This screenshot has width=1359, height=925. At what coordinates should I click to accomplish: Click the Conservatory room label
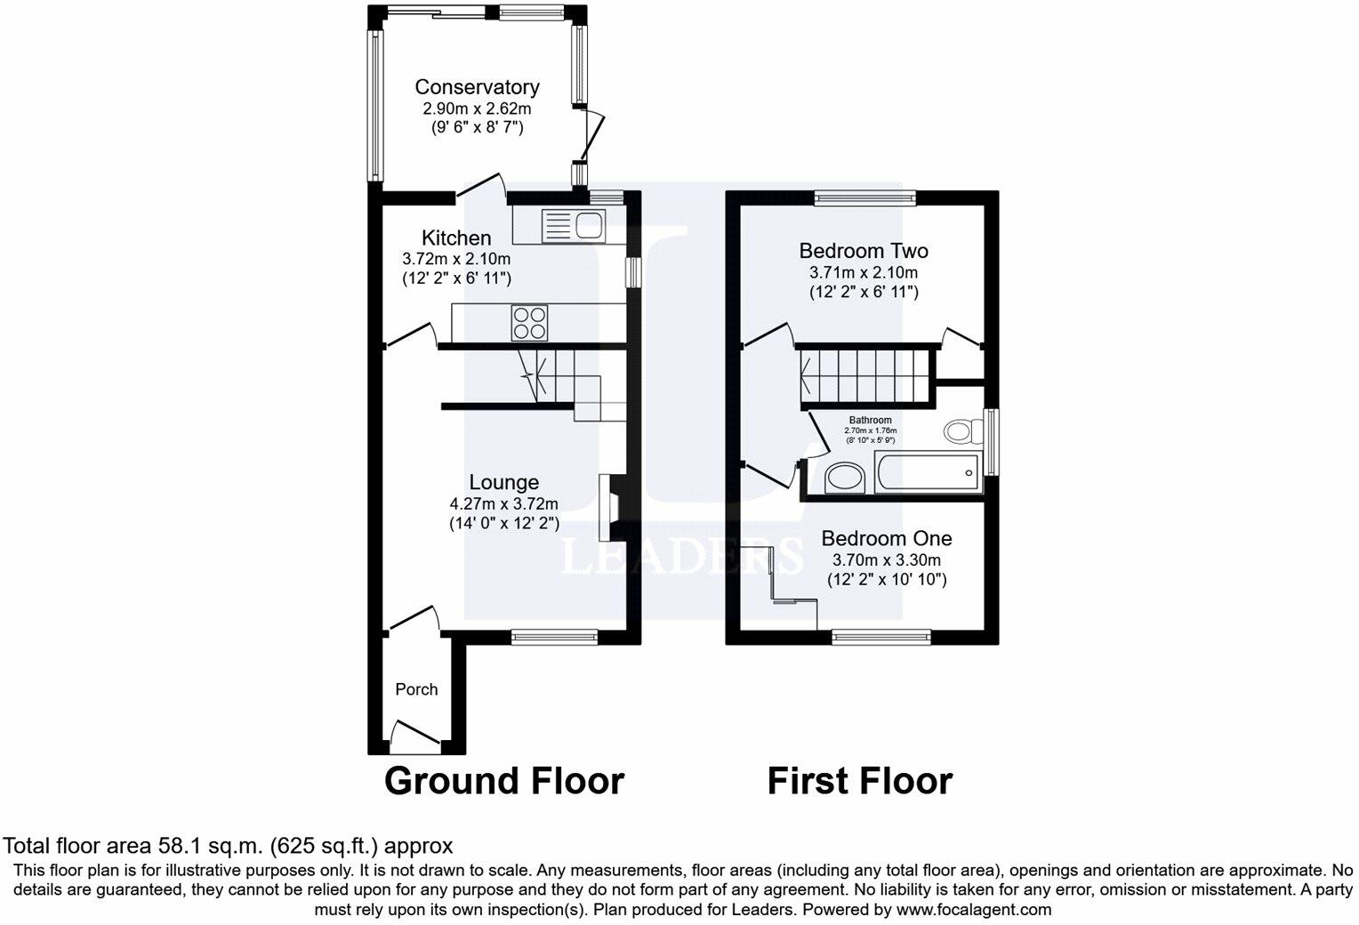coord(477,87)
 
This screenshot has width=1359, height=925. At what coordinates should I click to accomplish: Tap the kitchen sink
coord(573,225)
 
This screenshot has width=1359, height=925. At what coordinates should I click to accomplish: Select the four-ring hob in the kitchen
coord(529,322)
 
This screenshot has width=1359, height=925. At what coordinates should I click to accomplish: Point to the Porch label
coord(416,689)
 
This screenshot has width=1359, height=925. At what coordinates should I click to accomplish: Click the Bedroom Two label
coord(864,251)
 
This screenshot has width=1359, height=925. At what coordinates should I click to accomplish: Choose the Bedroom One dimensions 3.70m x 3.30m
coord(886,560)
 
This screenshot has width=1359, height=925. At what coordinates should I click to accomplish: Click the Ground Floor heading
coord(504,781)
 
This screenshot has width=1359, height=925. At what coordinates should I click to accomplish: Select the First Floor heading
coord(859,781)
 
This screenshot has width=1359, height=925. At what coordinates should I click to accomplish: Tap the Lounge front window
coord(554,636)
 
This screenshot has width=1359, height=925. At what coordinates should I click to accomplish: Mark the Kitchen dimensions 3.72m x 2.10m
coord(456,259)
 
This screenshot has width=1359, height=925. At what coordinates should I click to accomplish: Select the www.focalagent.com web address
coord(974,910)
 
